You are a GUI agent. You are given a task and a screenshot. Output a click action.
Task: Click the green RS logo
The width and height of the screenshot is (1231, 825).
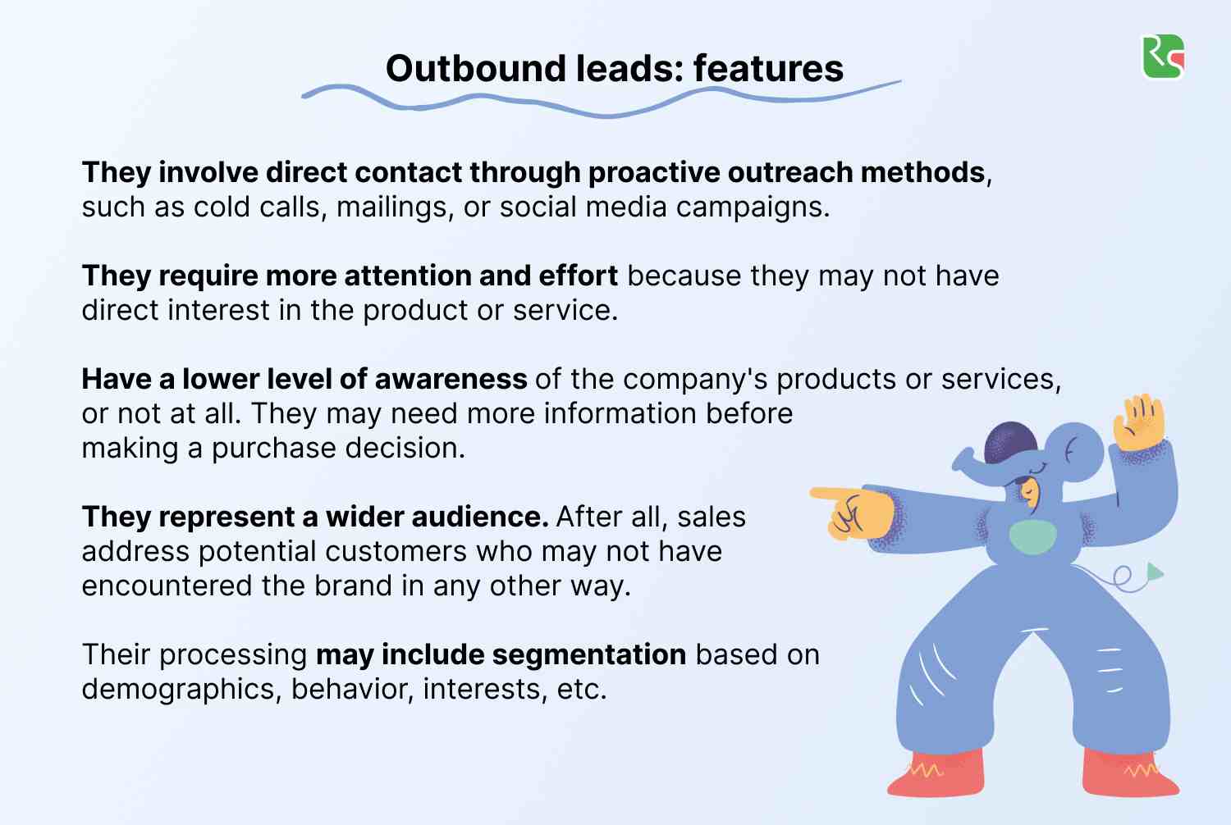(x=1163, y=57)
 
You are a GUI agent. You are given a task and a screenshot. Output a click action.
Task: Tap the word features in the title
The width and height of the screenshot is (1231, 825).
(x=768, y=69)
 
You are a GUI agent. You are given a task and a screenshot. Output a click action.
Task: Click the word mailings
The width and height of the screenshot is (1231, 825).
(x=395, y=207)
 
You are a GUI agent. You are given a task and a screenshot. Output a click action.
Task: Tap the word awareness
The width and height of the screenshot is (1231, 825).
(x=451, y=380)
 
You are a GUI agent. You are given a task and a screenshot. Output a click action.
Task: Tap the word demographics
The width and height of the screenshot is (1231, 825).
(x=181, y=690)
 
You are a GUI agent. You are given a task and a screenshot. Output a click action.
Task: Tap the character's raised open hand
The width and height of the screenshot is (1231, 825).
(x=1139, y=421)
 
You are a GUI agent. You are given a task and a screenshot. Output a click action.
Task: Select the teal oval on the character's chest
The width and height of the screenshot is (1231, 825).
(x=1032, y=537)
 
